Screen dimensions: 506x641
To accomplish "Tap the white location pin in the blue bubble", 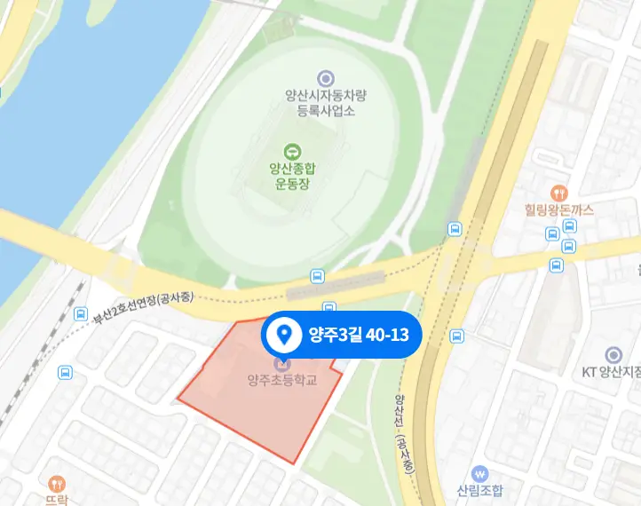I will click(284, 335).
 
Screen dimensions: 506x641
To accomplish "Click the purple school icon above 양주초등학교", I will click(283, 363).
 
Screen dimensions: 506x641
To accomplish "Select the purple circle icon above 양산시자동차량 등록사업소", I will click(326, 79).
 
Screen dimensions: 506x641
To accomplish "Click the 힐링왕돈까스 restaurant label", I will click(558, 210).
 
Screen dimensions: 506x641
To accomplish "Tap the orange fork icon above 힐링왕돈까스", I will click(558, 191).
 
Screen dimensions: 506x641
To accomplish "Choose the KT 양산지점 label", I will click(613, 373).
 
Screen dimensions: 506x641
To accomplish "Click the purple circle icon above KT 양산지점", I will click(613, 354).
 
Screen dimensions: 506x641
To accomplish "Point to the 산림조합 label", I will click(480, 491).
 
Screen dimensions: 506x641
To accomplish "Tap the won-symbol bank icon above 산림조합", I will click(480, 473).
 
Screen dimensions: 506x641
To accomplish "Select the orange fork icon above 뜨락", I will click(59, 483).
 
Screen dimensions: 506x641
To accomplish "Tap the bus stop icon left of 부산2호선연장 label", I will click(81, 314).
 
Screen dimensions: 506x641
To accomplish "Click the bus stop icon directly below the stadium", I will click(316, 277).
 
